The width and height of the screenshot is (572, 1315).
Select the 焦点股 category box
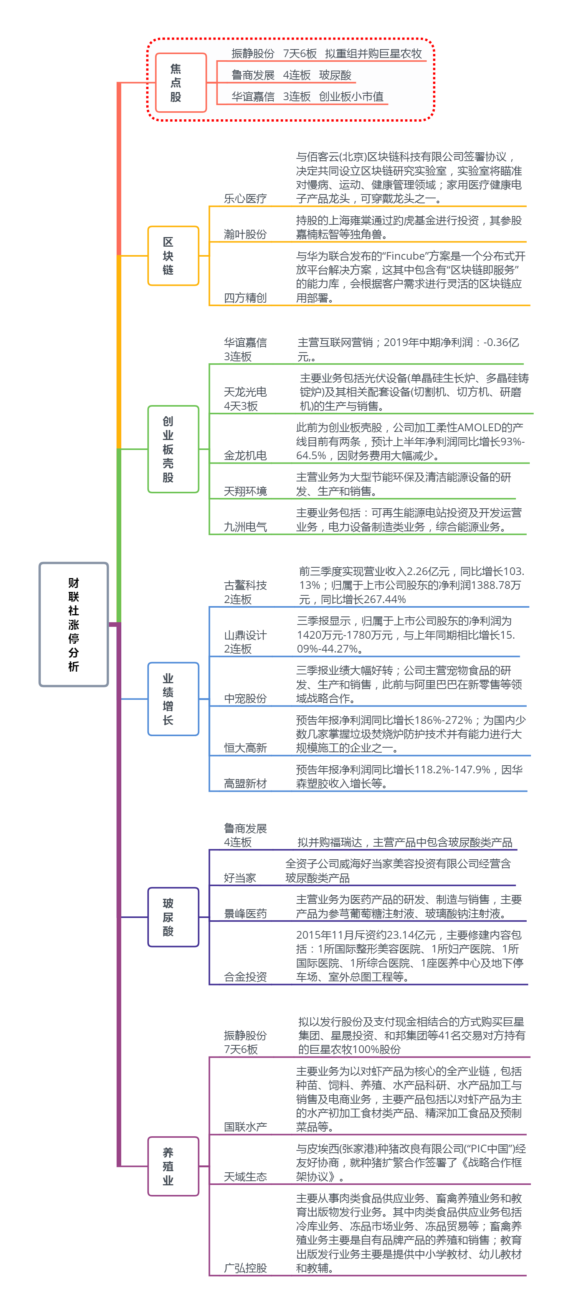tap(180, 83)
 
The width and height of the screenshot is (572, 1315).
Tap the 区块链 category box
tap(173, 256)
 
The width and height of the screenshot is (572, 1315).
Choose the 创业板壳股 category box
tap(173, 449)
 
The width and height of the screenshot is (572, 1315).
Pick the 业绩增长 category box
tap(173, 699)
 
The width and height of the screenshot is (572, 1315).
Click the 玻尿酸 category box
tap(173, 917)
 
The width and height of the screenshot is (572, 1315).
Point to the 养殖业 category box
tap(173, 1167)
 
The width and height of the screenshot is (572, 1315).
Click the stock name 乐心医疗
tap(245, 199)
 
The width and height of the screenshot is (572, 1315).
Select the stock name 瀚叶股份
tap(245, 234)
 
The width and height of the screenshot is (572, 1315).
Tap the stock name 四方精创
tap(245, 298)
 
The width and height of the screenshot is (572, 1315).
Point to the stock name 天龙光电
tap(245, 392)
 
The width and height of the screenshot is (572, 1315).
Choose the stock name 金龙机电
tap(245, 455)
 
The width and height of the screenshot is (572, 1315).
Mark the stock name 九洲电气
tap(245, 527)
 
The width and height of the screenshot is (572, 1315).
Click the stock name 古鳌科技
tap(245, 585)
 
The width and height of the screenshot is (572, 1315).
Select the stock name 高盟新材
tap(245, 784)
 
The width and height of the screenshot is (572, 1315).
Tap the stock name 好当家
tap(240, 878)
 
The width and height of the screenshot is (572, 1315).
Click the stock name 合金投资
tap(245, 977)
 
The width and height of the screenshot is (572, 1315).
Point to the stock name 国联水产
tap(245, 1127)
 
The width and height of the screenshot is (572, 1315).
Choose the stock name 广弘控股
tap(245, 1268)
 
